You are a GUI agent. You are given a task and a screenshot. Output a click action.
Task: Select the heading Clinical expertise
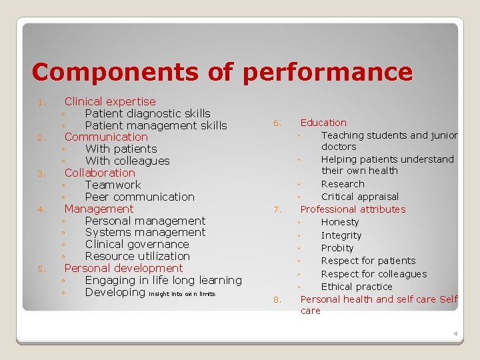pyautogui.click(x=110, y=101)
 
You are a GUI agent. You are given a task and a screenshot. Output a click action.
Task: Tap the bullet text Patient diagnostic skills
pyautogui.click(x=147, y=113)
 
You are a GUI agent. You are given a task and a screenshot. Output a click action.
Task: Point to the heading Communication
pyautogui.click(x=106, y=137)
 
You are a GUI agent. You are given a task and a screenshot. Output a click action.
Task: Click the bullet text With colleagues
pyautogui.click(x=127, y=161)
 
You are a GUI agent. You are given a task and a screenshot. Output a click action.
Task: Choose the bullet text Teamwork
pyautogui.click(x=113, y=185)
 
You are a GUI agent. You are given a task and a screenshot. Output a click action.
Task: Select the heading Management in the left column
pyautogui.click(x=99, y=209)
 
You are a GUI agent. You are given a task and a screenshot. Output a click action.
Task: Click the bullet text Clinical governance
pyautogui.click(x=137, y=244)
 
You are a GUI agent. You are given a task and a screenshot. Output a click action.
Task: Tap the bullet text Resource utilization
pyautogui.click(x=137, y=256)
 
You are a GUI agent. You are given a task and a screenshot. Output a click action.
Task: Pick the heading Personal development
pyautogui.click(x=123, y=268)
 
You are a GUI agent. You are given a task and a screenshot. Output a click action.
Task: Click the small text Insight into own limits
pyautogui.click(x=182, y=294)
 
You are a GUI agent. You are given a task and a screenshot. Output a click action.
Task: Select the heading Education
pyautogui.click(x=323, y=123)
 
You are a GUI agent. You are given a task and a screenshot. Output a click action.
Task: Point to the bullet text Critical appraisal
pyautogui.click(x=360, y=197)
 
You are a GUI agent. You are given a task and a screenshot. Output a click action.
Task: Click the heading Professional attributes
pyautogui.click(x=353, y=209)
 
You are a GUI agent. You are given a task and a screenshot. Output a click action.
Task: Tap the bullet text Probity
pyautogui.click(x=337, y=248)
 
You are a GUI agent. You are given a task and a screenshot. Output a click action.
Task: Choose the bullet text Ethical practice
pyautogui.click(x=357, y=287)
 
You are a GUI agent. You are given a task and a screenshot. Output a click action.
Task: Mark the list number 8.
pyautogui.click(x=277, y=300)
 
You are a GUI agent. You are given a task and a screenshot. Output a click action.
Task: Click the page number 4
pyautogui.click(x=455, y=333)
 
